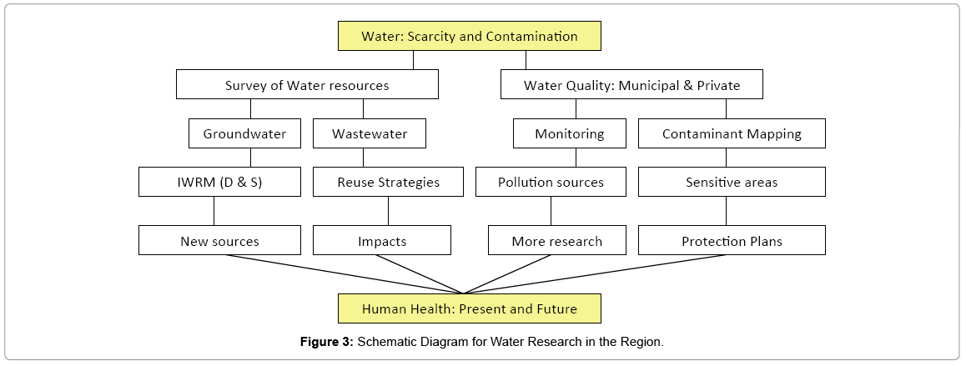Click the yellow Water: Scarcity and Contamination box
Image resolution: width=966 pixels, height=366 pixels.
470,36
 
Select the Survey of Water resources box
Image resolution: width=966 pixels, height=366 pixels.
307,84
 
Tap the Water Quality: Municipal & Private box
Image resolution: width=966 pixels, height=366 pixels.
631,84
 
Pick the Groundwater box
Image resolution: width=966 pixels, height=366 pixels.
244,133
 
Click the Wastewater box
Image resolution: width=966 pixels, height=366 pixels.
370,133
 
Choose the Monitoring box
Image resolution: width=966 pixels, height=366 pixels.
569,133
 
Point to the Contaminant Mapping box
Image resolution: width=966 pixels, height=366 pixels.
732,133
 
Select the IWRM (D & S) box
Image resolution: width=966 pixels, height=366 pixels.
220,182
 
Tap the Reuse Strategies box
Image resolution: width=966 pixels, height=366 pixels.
388,182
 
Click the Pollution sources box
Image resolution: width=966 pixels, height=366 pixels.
551,182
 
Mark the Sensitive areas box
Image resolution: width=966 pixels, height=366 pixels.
732,182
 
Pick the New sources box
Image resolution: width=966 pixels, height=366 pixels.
220,240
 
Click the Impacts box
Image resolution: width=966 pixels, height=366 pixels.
382,240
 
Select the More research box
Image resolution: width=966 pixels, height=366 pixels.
557,240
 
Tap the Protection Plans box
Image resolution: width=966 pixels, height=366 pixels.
732,240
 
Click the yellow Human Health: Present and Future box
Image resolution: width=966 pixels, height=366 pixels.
470,308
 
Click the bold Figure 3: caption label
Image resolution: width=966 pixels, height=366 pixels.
327,342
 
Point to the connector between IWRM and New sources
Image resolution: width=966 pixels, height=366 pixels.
214,211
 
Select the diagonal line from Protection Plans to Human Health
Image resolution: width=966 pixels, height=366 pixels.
595,274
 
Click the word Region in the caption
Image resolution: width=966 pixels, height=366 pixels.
647,342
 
